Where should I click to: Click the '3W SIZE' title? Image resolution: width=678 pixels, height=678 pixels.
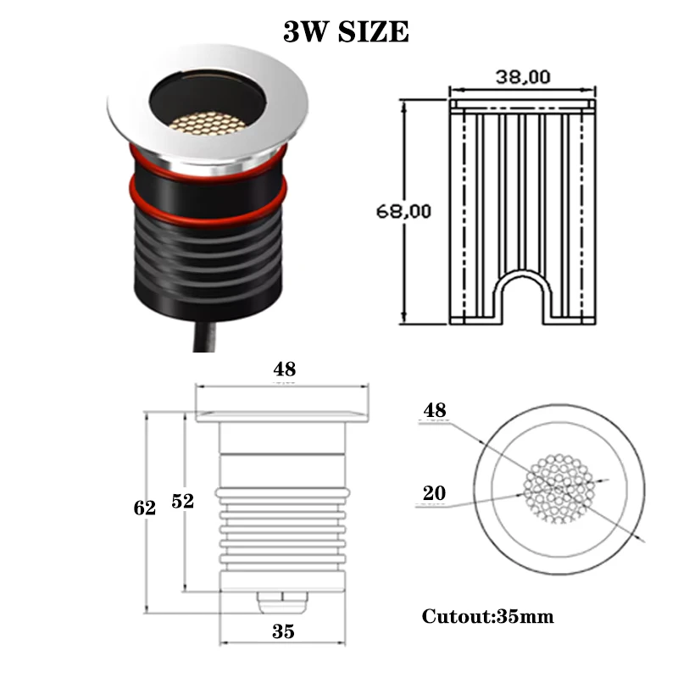click(x=346, y=31)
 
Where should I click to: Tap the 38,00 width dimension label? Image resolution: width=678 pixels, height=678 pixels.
click(x=523, y=77)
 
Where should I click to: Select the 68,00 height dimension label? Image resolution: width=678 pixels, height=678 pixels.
click(x=403, y=211)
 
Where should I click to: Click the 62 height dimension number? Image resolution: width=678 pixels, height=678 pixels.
click(x=144, y=508)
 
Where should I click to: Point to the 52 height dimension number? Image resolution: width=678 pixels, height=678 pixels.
click(x=182, y=501)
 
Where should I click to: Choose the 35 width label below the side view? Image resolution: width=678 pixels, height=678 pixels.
click(x=283, y=631)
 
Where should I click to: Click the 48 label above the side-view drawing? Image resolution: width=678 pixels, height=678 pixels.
click(x=285, y=369)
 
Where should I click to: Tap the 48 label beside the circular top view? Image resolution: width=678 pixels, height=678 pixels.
click(x=435, y=410)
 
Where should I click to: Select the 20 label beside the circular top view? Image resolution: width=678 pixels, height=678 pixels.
click(x=434, y=492)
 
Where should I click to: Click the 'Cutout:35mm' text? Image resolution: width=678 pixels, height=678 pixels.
click(x=488, y=616)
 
